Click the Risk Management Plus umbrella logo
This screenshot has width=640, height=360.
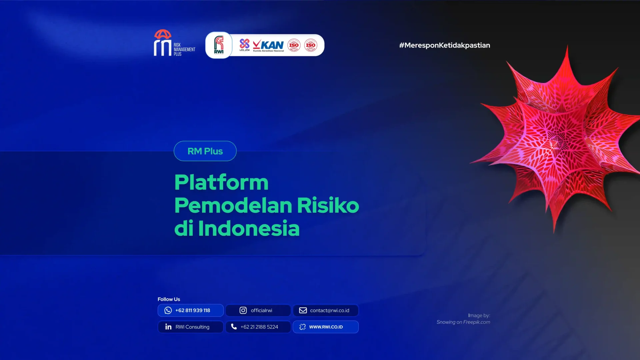coord(163,43)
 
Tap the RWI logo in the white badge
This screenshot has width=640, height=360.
coord(219,45)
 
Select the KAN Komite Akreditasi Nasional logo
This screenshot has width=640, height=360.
coord(268,45)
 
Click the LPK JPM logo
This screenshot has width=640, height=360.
coord(244,45)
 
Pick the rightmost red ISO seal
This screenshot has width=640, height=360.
coord(310,45)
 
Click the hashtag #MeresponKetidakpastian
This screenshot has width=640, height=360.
coord(444,45)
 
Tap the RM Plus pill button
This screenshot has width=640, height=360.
coord(205,151)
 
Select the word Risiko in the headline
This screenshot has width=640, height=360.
coord(328,205)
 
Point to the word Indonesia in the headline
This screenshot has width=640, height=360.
coord(249,229)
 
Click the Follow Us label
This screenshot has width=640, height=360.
coord(169,299)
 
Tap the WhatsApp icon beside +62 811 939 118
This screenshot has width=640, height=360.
coord(168,310)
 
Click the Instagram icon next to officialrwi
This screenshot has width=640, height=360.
coord(243,310)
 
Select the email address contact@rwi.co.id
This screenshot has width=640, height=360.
coord(329,310)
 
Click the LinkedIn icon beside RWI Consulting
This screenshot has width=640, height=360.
coord(168,327)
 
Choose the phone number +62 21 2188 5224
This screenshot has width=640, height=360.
coord(259,327)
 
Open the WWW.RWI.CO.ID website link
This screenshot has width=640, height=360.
coord(326,327)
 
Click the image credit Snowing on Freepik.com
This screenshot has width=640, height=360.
coord(463,322)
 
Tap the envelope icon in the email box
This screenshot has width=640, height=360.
coord(303,310)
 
